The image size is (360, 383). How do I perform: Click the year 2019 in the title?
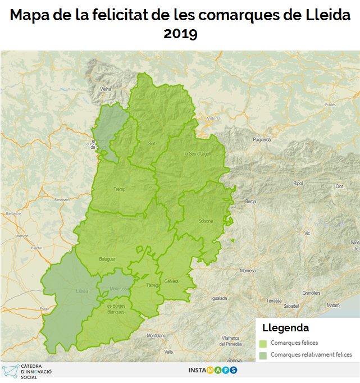point(180,34)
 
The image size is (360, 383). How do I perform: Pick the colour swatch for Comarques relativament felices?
point(263,355)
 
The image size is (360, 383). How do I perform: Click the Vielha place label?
point(105,89)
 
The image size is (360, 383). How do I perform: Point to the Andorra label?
point(213,118)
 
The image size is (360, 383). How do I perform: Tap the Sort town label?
point(152,144)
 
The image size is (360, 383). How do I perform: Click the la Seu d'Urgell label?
point(197,153)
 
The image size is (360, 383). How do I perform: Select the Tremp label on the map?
point(119,189)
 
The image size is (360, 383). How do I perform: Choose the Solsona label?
point(206,221)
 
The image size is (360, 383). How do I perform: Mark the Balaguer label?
point(107,259)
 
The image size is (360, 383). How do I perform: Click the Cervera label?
point(171,281)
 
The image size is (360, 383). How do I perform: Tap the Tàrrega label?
point(152,285)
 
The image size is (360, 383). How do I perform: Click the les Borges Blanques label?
point(115,309)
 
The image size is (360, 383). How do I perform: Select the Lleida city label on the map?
point(82,291)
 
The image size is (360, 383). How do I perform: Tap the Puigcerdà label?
point(262,139)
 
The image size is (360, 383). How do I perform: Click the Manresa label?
point(248,271)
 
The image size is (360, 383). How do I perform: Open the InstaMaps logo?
point(212,370)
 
